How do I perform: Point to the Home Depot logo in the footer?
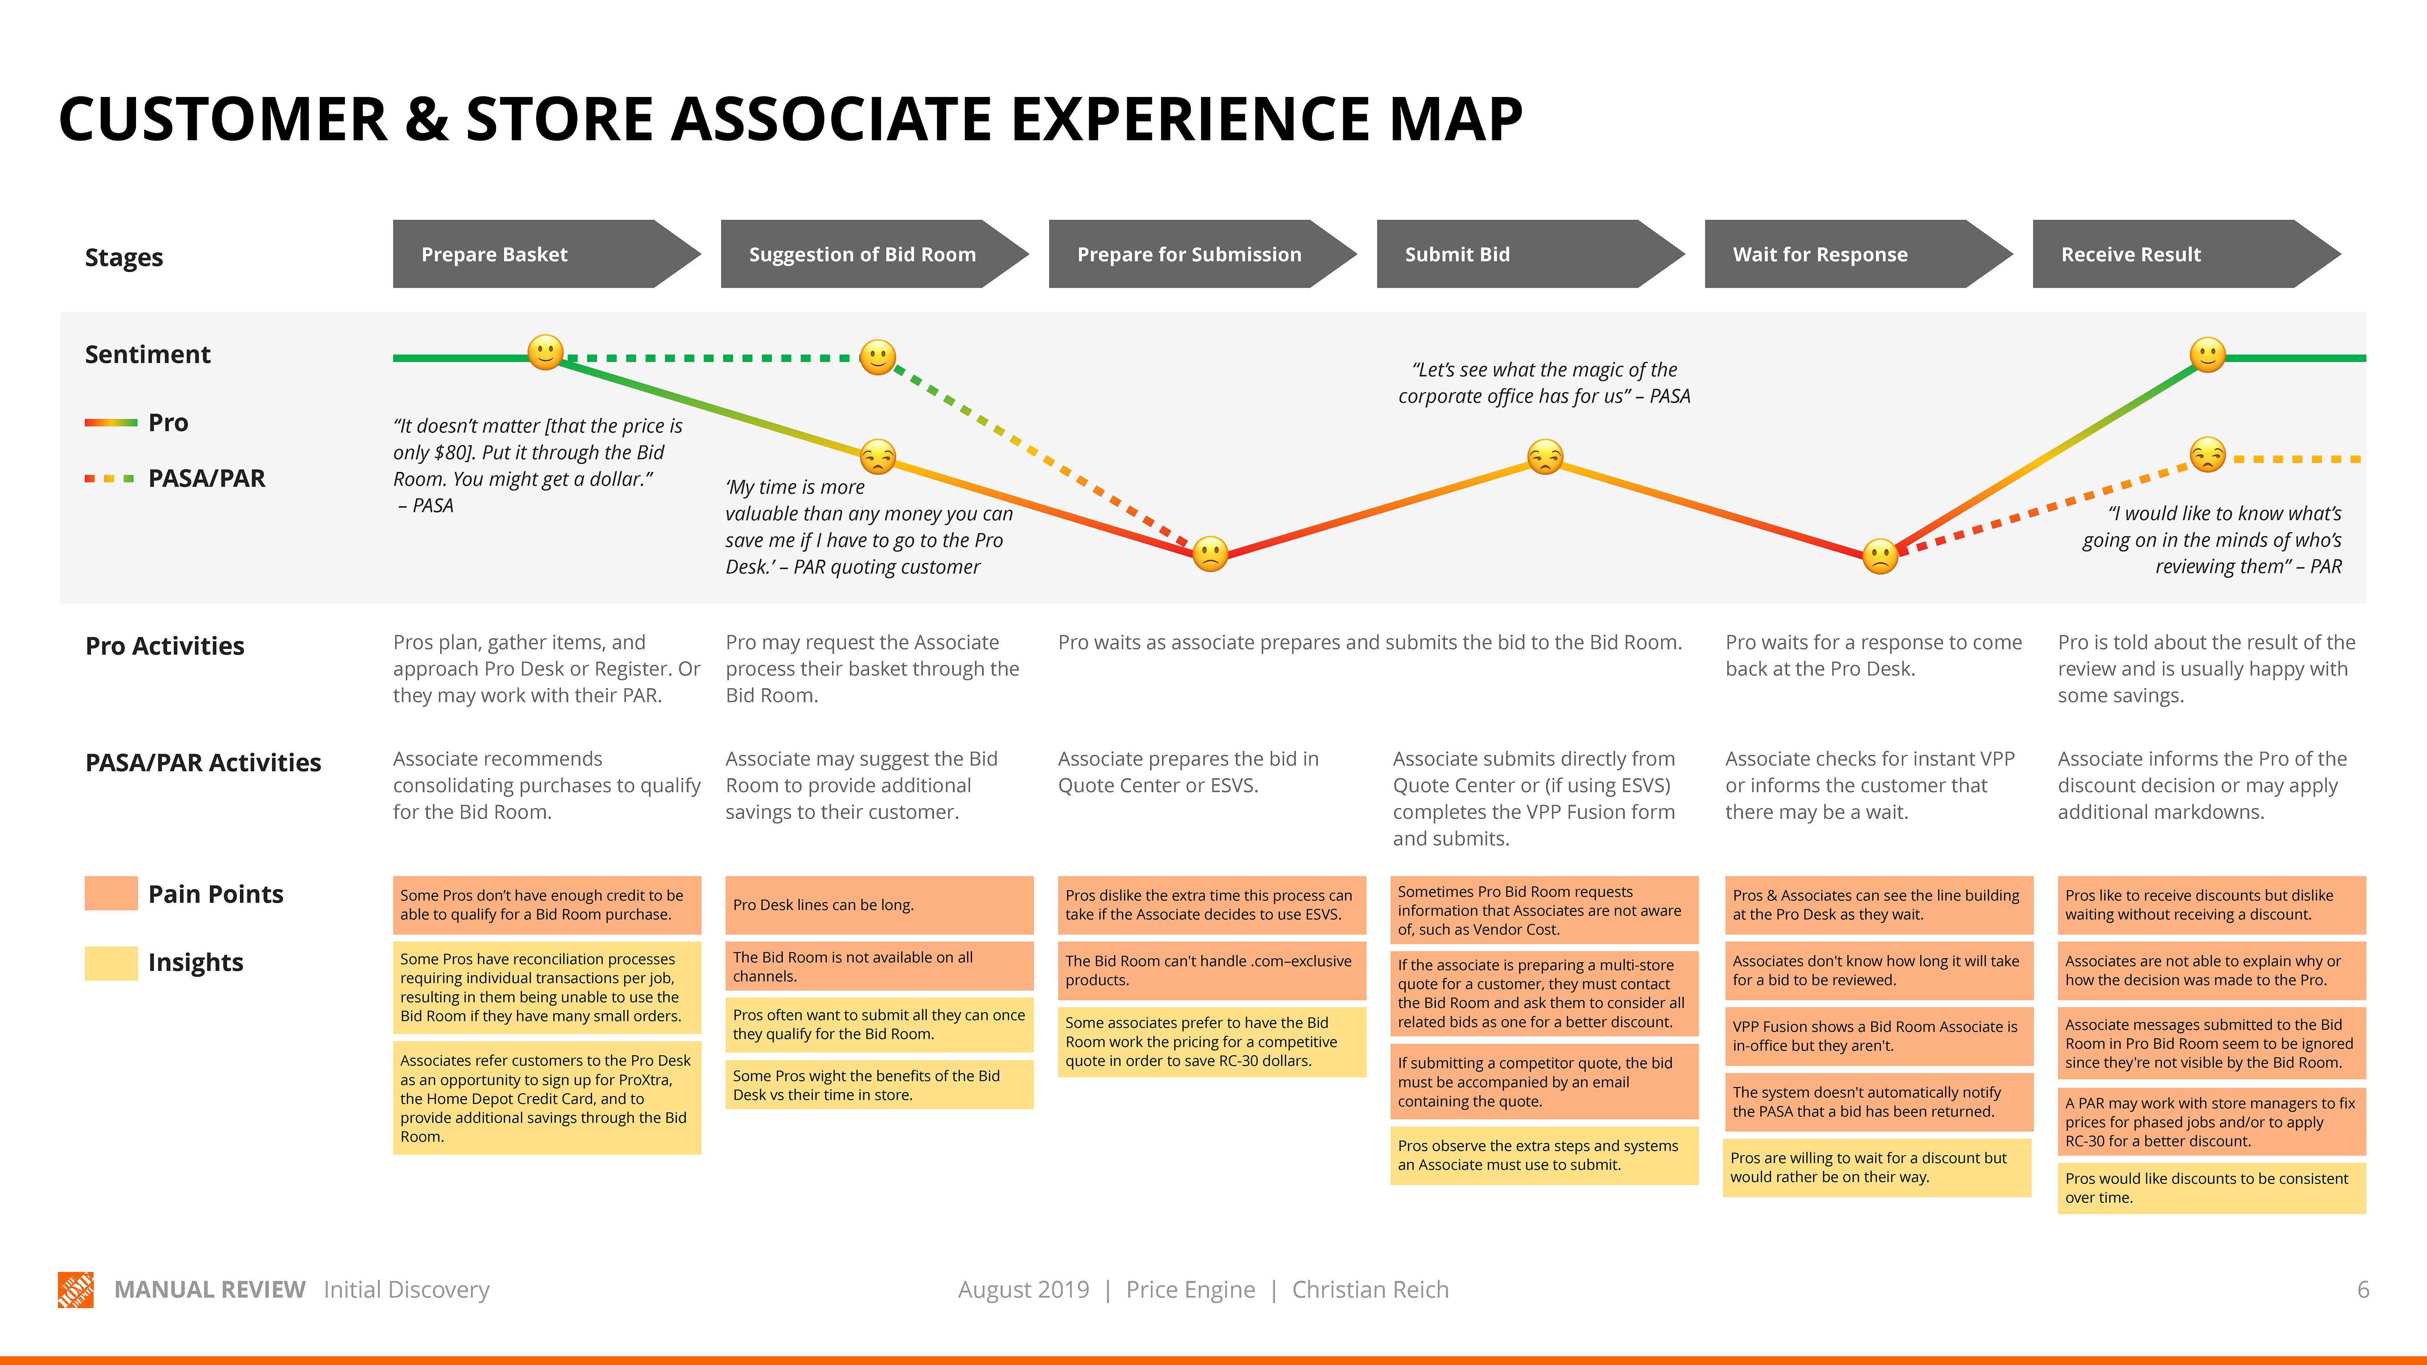coord(76,1289)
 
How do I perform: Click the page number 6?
coord(2362,1289)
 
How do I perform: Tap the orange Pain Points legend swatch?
coord(111,893)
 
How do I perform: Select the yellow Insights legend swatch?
coord(111,962)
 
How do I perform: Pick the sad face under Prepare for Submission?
coord(1210,554)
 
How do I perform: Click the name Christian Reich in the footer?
coord(1370,1289)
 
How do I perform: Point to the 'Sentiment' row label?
coord(148,354)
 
